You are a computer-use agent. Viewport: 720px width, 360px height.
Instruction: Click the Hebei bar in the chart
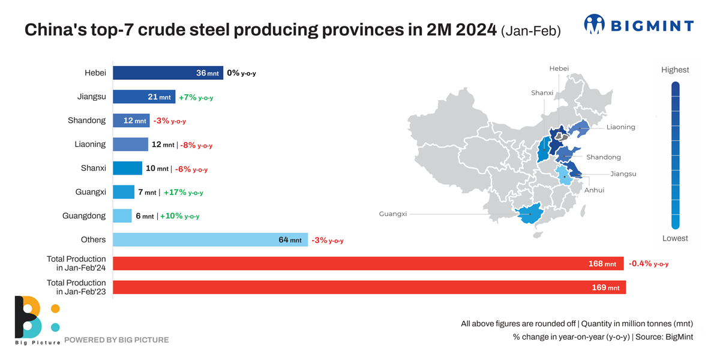coord(168,73)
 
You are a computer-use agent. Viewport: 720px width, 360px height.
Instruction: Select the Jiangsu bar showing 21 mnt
coord(144,97)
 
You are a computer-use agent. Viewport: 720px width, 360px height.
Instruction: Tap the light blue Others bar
coord(210,240)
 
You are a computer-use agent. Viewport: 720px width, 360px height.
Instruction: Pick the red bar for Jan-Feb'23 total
coord(369,287)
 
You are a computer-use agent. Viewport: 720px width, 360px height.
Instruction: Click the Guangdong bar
coord(122,216)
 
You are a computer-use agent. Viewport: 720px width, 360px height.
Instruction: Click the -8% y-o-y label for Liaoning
coord(196,145)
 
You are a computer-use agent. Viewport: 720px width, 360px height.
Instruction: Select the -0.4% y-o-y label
coord(648,263)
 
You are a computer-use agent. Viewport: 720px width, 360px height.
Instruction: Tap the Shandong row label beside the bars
coord(86,121)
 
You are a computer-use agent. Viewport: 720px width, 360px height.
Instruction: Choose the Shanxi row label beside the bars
coord(93,168)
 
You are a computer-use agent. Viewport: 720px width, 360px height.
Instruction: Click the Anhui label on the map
coord(594,190)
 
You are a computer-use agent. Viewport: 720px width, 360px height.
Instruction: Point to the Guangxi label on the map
coord(393,214)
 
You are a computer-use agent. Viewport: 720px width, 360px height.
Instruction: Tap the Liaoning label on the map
coord(620,127)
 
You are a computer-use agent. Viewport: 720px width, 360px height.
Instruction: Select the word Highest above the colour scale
coord(675,70)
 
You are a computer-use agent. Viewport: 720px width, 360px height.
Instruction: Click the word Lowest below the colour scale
coord(675,238)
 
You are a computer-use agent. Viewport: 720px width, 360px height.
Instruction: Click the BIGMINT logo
coord(638,25)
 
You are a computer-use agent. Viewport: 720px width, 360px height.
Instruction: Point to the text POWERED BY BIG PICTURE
coord(116,340)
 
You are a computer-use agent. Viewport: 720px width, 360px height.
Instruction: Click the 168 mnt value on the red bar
coord(602,264)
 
